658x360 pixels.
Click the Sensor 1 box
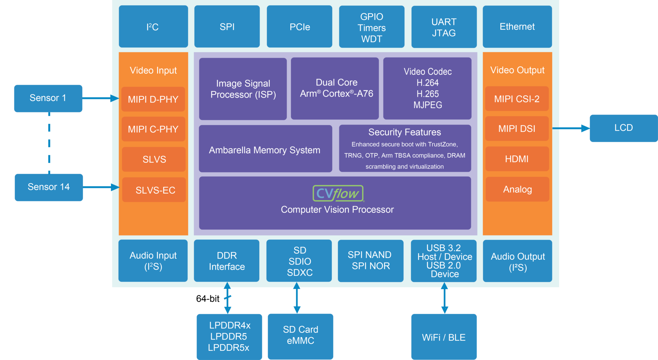(48, 98)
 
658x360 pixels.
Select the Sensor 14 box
(49, 187)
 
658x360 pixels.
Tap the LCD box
(623, 128)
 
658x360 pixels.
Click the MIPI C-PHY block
(153, 129)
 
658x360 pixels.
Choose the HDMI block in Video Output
(517, 159)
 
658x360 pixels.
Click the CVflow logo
(338, 193)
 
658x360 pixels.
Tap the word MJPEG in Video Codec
(428, 105)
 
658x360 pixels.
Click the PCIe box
(299, 27)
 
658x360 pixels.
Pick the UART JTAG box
(444, 27)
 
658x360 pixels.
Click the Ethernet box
(517, 27)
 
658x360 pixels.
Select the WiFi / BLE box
(444, 337)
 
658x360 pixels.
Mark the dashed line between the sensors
(49, 143)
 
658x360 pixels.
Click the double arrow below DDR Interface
(227, 298)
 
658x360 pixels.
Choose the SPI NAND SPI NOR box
(370, 260)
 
